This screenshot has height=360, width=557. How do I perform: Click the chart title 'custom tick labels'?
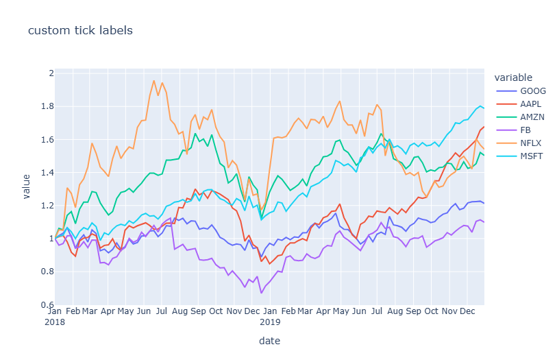[x=80, y=30]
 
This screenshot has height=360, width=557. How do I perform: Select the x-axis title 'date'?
[x=269, y=341]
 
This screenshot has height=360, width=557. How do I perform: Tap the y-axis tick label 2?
[x=49, y=73]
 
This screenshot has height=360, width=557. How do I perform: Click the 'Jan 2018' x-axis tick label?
[x=55, y=315]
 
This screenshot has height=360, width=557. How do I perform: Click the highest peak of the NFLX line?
[x=153, y=80]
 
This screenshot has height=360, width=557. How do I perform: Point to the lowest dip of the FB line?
[x=261, y=293]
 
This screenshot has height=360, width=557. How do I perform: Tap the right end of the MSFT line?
[x=484, y=108]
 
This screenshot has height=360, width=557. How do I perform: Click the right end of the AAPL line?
[x=484, y=127]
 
